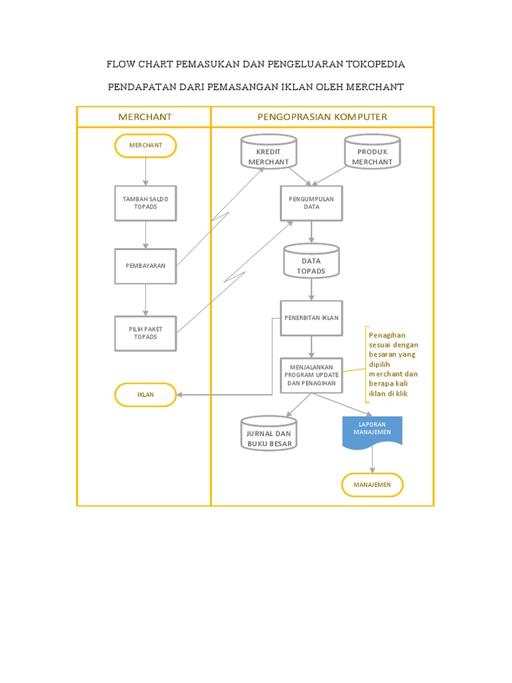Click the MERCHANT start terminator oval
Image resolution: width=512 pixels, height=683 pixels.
tap(145, 145)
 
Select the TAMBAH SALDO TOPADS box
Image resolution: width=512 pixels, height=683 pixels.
tap(145, 203)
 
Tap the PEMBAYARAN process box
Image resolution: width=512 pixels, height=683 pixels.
tap(145, 265)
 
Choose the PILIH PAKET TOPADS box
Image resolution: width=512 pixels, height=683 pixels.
tap(145, 333)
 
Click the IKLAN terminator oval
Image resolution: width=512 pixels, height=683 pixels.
tap(145, 394)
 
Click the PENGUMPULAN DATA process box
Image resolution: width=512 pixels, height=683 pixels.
tap(311, 203)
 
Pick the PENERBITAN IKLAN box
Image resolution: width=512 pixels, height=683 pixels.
tap(311, 317)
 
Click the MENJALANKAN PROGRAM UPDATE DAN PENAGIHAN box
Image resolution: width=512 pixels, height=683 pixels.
tap(311, 376)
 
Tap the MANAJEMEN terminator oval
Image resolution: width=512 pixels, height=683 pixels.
tap(372, 485)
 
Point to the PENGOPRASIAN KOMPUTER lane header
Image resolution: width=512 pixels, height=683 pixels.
tap(322, 117)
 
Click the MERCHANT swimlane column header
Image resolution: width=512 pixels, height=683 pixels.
tap(145, 117)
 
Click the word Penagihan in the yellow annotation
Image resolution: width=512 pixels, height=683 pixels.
tap(387, 335)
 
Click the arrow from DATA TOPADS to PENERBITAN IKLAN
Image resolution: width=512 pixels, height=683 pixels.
tap(311, 289)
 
